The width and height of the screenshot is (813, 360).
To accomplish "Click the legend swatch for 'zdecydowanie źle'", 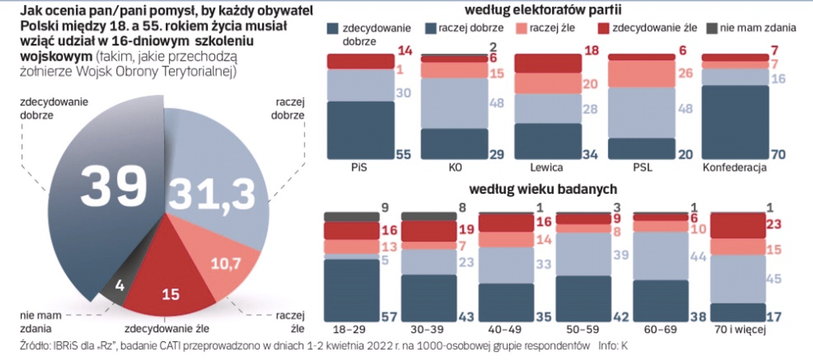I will [x=603, y=28].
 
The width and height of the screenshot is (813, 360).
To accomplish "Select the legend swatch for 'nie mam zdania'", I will [x=712, y=28].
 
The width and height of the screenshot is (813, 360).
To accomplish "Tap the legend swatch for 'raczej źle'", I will [x=522, y=28].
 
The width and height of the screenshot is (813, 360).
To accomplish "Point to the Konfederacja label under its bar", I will [x=735, y=168].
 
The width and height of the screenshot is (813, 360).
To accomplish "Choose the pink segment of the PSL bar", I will [x=642, y=74].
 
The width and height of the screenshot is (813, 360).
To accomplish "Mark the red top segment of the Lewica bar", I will [x=548, y=64].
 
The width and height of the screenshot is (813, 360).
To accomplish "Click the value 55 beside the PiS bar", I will [x=403, y=155].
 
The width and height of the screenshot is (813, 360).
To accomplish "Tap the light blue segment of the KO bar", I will [x=454, y=103].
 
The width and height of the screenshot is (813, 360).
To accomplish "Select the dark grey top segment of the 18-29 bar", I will [x=351, y=217].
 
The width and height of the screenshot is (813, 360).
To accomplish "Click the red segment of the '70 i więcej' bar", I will [x=738, y=226].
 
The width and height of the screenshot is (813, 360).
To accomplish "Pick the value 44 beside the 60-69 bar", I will [x=698, y=256].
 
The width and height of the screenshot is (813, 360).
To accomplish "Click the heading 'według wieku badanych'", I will [x=543, y=189].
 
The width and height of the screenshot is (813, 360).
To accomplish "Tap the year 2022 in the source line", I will [x=379, y=346].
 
